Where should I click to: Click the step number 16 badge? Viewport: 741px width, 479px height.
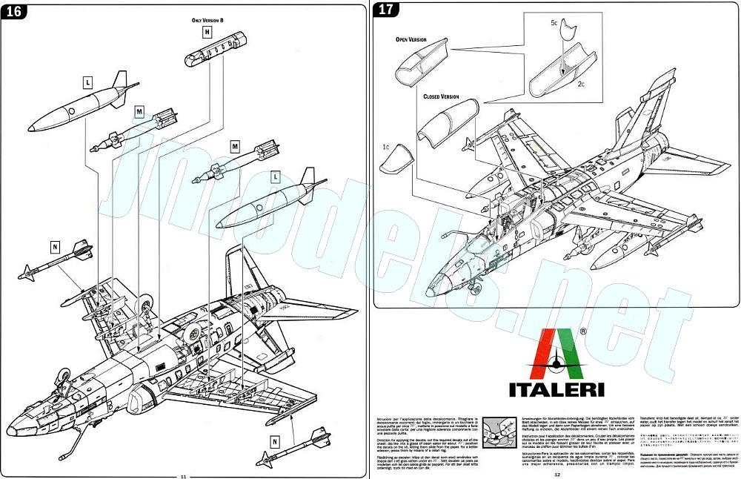(15, 11)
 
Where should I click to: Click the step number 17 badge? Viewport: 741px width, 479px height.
(386, 10)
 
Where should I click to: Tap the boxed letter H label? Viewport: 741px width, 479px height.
(207, 33)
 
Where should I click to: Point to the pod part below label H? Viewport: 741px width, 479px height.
(209, 53)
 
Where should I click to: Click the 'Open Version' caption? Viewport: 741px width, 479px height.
(412, 39)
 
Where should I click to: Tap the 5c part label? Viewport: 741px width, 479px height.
(554, 23)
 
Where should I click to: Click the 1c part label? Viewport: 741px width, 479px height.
(386, 147)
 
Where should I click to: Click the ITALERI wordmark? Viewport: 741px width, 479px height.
(556, 388)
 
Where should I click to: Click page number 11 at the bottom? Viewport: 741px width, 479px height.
(184, 475)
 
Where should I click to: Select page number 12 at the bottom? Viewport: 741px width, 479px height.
(556, 475)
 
